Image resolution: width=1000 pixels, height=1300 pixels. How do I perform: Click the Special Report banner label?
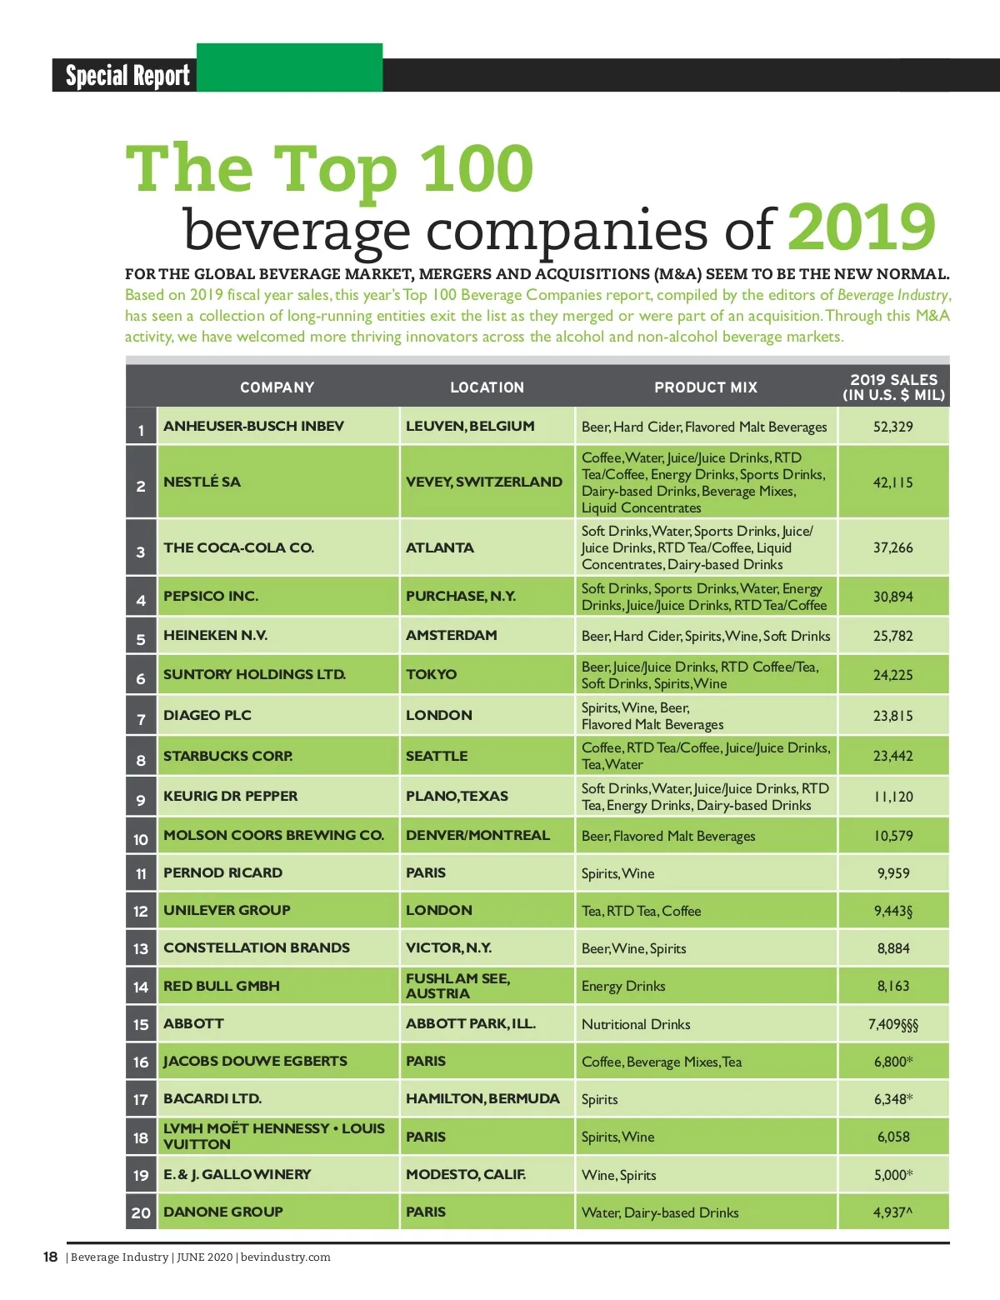(127, 76)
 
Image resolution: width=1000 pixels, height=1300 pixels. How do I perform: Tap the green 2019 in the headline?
(861, 227)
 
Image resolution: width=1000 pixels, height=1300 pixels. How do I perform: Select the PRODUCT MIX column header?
(705, 387)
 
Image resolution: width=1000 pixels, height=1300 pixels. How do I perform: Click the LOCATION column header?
(487, 387)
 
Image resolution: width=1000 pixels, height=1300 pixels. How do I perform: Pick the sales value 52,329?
(892, 427)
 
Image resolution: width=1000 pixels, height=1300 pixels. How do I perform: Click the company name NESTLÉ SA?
(202, 482)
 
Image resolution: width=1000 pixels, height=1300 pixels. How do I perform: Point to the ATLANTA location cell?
(439, 547)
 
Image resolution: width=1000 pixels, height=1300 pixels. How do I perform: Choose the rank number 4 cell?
(141, 600)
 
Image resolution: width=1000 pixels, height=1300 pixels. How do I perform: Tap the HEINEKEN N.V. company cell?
(215, 635)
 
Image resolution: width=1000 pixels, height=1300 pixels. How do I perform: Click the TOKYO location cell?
(431, 674)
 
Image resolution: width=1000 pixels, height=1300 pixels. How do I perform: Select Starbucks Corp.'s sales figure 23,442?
(892, 756)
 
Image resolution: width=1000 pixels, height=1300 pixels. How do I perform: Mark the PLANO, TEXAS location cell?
(457, 796)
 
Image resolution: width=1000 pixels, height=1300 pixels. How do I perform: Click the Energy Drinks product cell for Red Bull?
(623, 986)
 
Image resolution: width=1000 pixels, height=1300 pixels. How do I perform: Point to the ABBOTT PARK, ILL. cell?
(470, 1023)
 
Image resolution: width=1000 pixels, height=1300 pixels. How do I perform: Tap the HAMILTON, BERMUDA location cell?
(482, 1098)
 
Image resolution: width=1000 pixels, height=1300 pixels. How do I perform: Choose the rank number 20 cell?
(141, 1212)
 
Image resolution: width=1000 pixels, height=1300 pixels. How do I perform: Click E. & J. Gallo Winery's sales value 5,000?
(892, 1175)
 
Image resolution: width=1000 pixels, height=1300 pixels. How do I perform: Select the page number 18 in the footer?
(51, 1257)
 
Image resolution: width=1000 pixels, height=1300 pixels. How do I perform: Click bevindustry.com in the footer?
(285, 1257)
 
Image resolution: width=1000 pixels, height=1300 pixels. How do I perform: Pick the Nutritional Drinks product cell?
(636, 1024)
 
